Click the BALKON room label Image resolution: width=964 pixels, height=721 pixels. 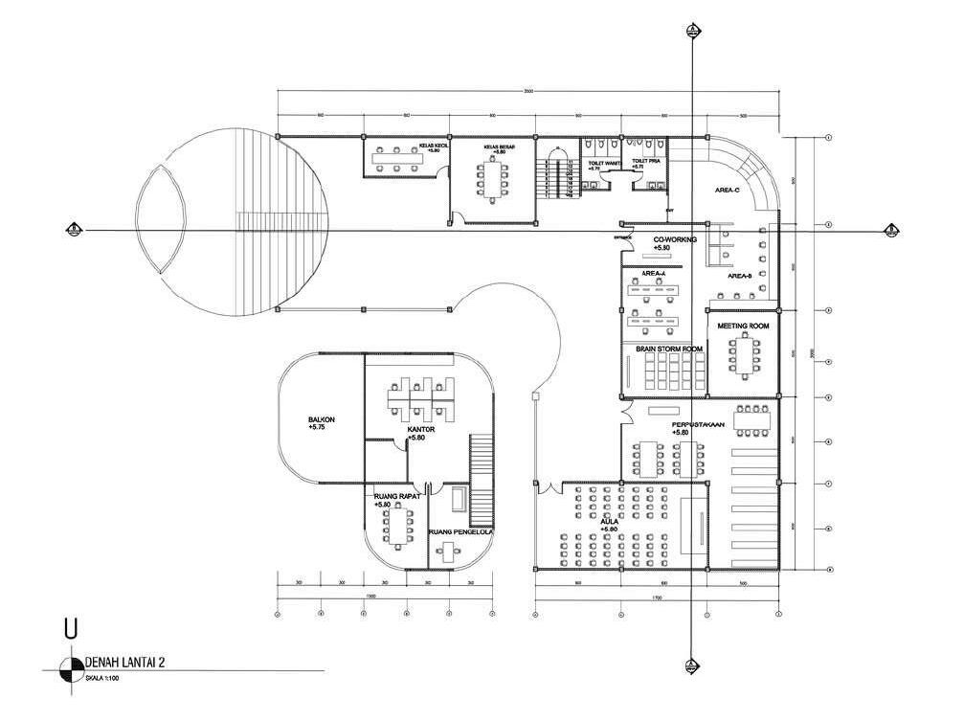pyautogui.click(x=320, y=419)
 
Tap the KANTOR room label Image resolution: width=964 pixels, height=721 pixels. pyautogui.click(x=421, y=430)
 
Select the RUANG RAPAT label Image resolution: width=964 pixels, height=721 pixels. pyautogui.click(x=392, y=496)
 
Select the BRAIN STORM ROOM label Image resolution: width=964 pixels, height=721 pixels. pyautogui.click(x=669, y=349)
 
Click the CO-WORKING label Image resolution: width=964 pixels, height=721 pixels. pyautogui.click(x=675, y=239)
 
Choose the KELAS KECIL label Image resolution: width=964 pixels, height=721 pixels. pyautogui.click(x=436, y=146)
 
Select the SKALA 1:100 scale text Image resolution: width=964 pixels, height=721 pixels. pyautogui.click(x=103, y=678)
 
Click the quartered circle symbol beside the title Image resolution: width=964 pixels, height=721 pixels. pyautogui.click(x=70, y=667)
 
